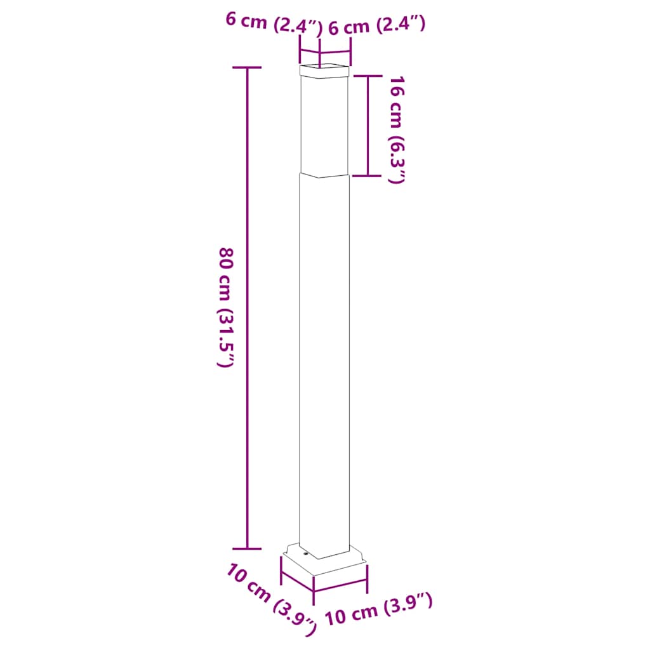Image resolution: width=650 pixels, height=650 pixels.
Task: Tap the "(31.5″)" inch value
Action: click(227, 339)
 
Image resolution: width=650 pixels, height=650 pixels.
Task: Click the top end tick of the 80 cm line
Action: click(247, 67)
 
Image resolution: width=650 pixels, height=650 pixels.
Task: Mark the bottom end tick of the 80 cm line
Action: click(247, 548)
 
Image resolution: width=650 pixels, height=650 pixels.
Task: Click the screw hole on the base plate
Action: click(305, 554)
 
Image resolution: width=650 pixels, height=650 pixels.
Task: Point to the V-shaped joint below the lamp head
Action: click(324, 175)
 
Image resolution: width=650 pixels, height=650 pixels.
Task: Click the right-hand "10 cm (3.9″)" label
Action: click(379, 610)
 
